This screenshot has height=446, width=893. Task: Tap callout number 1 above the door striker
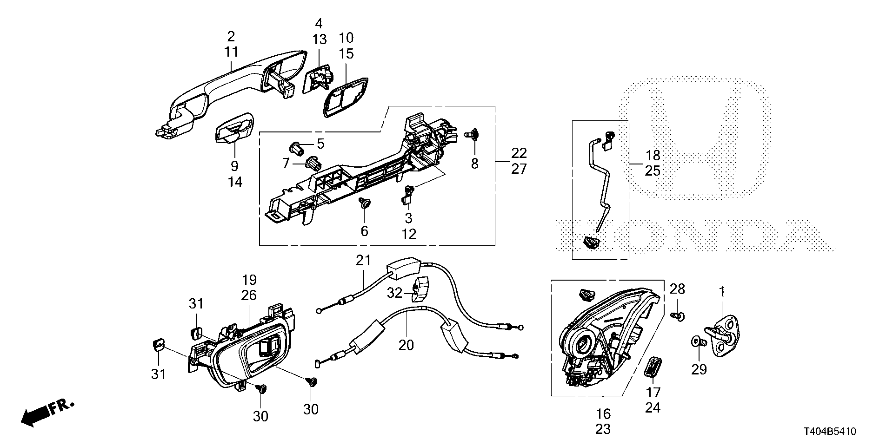722,292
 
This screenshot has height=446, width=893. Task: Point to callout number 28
677,289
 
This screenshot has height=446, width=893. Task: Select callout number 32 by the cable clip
395,293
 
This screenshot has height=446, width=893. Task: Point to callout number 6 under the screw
364,231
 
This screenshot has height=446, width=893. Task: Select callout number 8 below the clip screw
474,164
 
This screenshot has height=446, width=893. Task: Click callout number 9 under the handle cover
234,166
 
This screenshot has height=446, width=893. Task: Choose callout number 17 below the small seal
653,392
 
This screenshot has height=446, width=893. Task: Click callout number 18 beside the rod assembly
653,155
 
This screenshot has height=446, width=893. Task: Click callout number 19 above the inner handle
249,280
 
